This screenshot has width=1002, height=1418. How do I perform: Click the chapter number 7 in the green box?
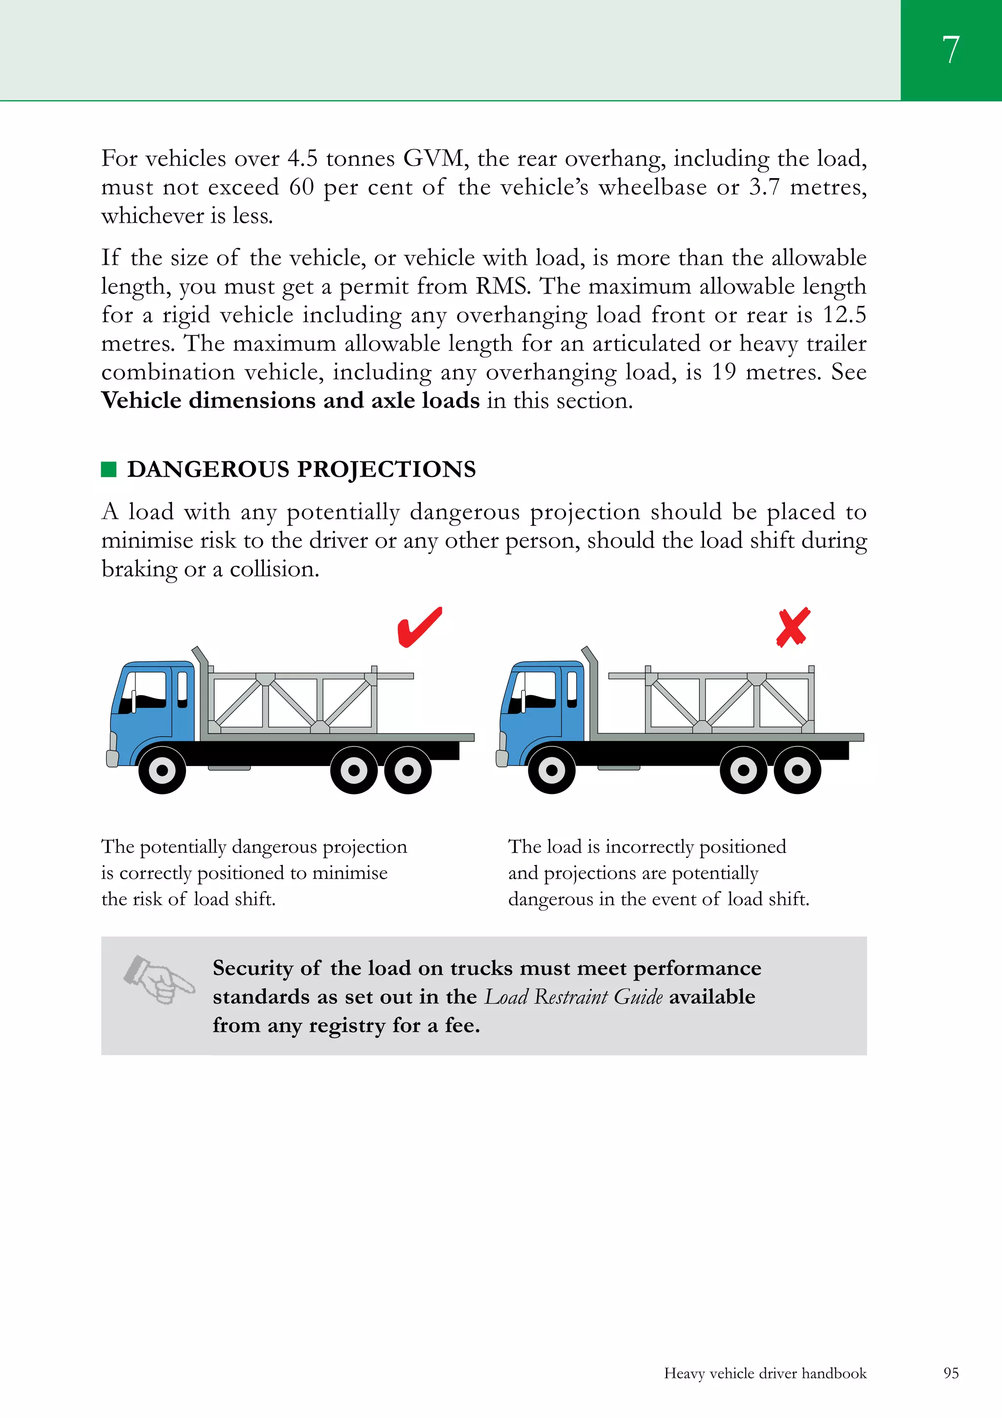click(x=951, y=49)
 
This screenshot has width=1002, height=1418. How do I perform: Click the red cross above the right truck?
click(x=793, y=628)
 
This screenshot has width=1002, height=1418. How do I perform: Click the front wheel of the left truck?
click(x=162, y=770)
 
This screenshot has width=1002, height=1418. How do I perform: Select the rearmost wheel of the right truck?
click(x=797, y=770)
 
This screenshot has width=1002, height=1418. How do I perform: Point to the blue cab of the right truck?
click(x=543, y=704)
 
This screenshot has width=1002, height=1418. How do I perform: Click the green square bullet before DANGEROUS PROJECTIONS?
click(x=109, y=469)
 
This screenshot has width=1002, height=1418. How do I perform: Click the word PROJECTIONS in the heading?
click(x=387, y=469)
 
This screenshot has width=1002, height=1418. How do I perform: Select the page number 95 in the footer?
click(x=951, y=1373)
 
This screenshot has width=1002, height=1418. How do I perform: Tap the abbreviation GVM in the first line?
click(x=436, y=159)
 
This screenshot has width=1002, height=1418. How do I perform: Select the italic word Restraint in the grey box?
click(x=571, y=997)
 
